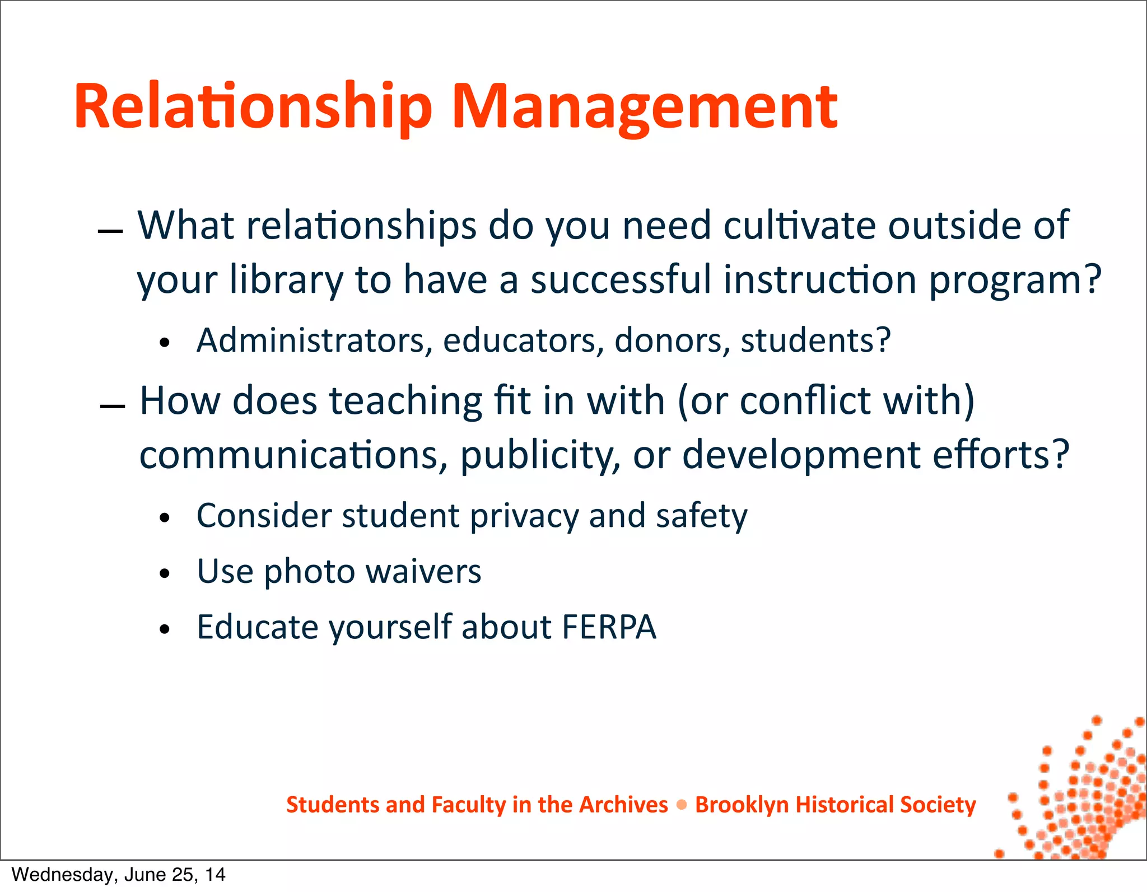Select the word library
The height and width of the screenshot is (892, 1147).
pyautogui.click(x=286, y=279)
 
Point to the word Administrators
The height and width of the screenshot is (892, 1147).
pyautogui.click(x=314, y=340)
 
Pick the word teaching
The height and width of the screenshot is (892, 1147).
pyautogui.click(x=405, y=401)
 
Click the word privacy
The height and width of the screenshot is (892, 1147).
pyautogui.click(x=524, y=516)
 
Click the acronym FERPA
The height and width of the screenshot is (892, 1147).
pyautogui.click(x=609, y=627)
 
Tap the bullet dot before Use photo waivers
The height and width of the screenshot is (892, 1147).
pyautogui.click(x=164, y=573)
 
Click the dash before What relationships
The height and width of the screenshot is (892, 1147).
pyautogui.click(x=110, y=231)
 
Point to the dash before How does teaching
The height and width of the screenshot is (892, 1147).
pyautogui.click(x=112, y=407)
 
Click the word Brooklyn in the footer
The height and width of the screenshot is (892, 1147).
pyautogui.click(x=742, y=805)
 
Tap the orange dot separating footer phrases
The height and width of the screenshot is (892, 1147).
pyautogui.click(x=682, y=805)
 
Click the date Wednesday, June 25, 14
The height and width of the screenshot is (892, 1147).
pyautogui.click(x=118, y=875)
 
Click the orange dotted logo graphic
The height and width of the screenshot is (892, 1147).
pyautogui.click(x=1081, y=795)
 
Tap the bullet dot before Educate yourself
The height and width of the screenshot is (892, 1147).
pyautogui.click(x=164, y=629)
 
